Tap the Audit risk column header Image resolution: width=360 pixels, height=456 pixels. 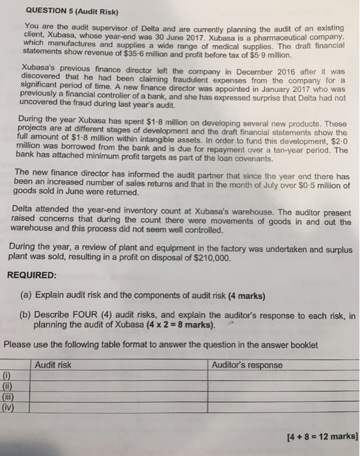pyautogui.click(x=55, y=365)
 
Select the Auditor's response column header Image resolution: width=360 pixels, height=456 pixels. pyautogui.click(x=247, y=365)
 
